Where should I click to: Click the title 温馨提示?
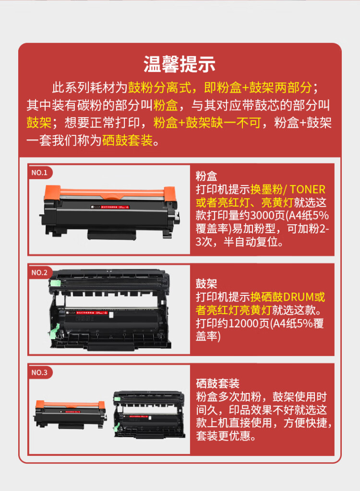pos(180,64)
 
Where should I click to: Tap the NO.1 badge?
pos(39,172)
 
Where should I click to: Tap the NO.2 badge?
pos(39,272)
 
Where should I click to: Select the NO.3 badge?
pos(39,372)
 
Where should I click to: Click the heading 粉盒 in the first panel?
pos(206,176)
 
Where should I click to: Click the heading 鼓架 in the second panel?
pos(206,283)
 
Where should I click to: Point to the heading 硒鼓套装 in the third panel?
pos(217,383)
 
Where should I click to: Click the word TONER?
pos(307,189)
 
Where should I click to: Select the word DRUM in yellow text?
pos(300,297)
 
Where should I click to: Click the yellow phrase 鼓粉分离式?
pos(160,88)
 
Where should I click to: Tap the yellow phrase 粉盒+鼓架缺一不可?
pos(207,123)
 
